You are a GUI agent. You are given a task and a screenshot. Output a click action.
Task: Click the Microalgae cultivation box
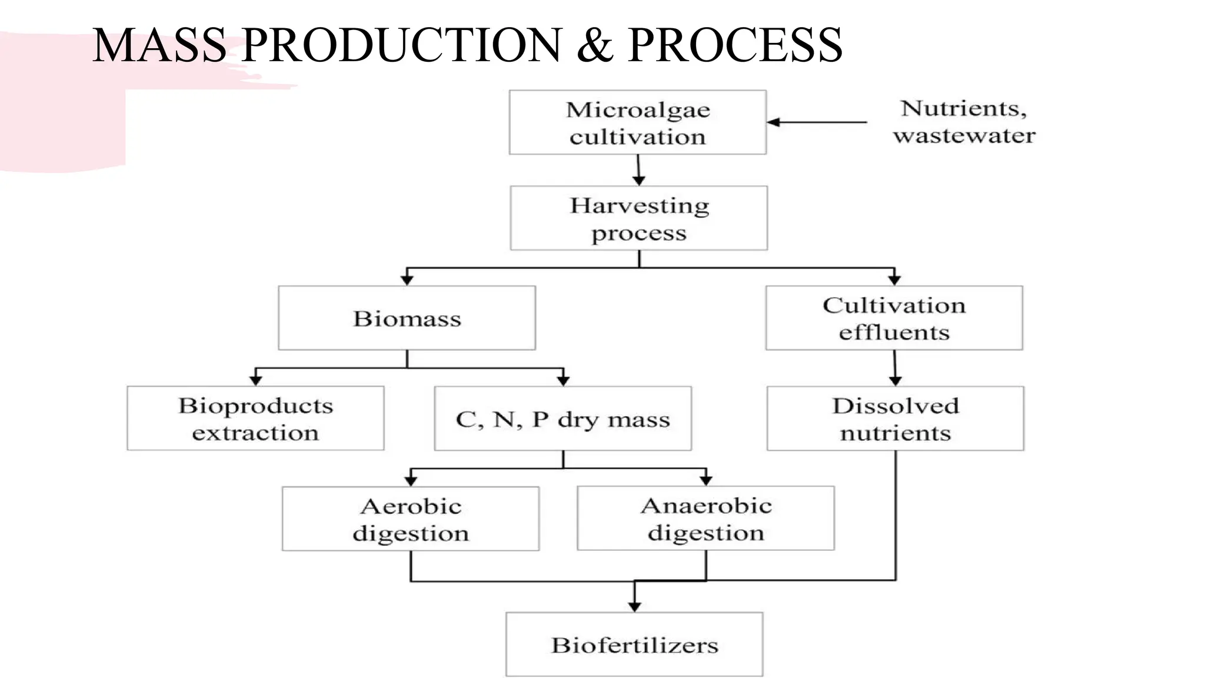tap(637, 122)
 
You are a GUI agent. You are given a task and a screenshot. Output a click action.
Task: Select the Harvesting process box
tap(638, 218)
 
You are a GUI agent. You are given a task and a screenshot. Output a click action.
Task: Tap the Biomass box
tap(407, 318)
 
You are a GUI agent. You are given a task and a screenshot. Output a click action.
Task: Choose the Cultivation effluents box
tap(894, 318)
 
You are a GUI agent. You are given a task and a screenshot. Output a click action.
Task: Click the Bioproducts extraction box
tap(255, 418)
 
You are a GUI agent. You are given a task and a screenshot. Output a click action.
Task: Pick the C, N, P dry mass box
tap(562, 419)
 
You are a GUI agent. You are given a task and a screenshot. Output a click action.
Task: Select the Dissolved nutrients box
tap(895, 418)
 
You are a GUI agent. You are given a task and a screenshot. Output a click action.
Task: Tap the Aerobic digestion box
tap(410, 519)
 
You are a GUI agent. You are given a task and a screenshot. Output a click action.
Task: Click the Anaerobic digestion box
tap(705, 519)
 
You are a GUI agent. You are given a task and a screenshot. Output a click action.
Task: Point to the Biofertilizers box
tap(634, 645)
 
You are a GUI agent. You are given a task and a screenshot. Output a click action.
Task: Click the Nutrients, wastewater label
tap(964, 122)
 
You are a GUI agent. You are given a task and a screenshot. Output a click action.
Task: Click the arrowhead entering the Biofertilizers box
tap(634, 606)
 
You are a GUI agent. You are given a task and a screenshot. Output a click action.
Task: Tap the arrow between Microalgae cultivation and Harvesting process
tap(638, 171)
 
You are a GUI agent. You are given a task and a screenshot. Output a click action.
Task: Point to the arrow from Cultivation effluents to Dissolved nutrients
tap(895, 368)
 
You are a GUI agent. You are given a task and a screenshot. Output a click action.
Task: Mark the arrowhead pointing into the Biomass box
tap(407, 280)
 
